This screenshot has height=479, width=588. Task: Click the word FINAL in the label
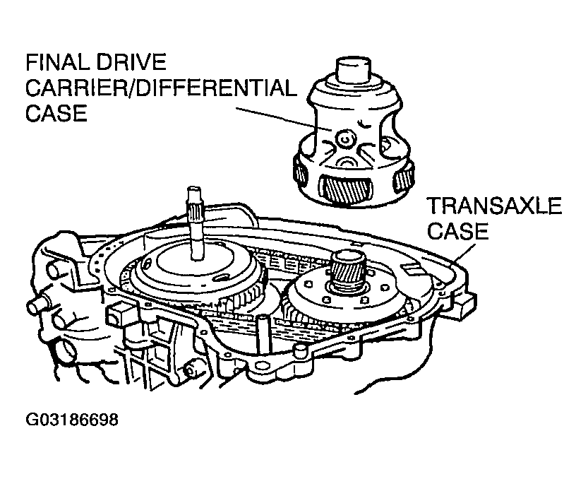[x=59, y=62]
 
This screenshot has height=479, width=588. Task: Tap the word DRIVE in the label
[x=131, y=62]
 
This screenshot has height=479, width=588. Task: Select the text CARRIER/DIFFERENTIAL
[x=161, y=88]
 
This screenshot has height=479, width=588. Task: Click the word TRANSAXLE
[x=495, y=206]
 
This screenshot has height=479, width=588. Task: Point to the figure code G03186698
[x=71, y=420]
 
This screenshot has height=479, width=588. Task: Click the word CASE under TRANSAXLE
[x=457, y=230]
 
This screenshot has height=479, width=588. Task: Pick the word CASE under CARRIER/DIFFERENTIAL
[x=56, y=113]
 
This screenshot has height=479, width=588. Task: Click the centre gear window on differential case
[x=346, y=189]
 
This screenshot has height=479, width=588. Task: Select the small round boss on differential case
[x=344, y=139]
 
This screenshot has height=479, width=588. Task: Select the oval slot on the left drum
[x=221, y=278]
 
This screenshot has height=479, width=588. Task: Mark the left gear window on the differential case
[x=301, y=171]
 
